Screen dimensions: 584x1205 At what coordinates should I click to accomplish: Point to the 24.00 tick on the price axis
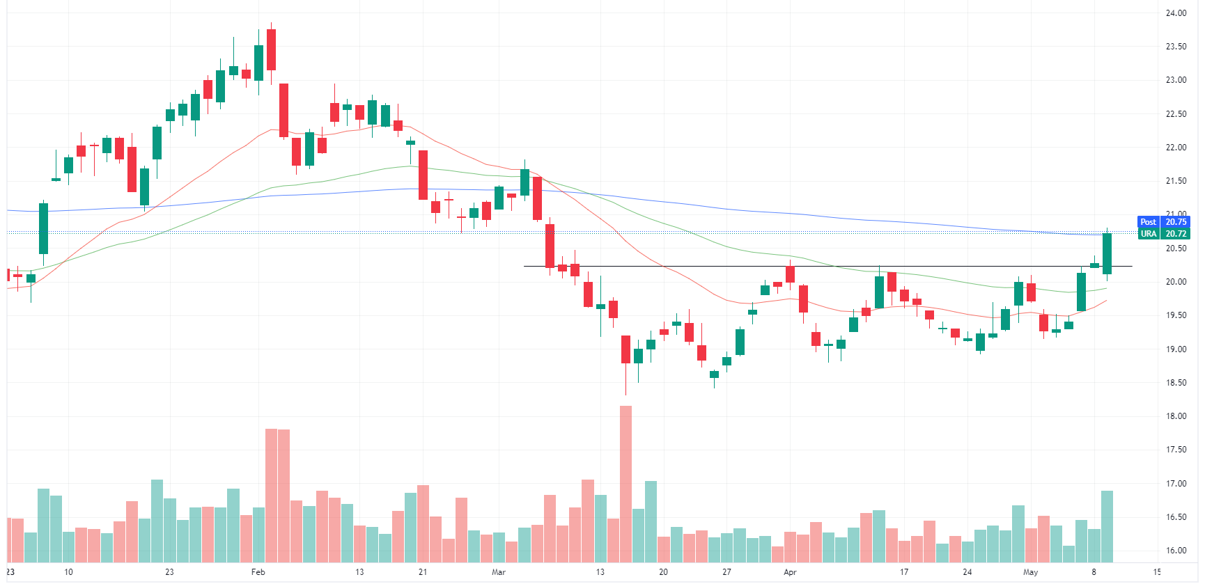click(1176, 13)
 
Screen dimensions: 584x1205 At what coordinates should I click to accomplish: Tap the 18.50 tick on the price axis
click(1176, 383)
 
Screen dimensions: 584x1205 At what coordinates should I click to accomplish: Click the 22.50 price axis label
click(1176, 114)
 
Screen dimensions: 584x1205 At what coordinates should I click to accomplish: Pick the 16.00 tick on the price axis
click(1176, 551)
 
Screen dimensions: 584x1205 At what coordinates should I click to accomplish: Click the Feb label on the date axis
click(258, 572)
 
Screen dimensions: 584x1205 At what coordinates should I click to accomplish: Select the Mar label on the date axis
click(498, 572)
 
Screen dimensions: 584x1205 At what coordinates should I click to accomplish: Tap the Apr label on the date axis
click(790, 572)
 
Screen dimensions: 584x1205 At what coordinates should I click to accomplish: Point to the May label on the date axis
click(1030, 572)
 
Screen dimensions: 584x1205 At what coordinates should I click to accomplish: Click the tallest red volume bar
click(625, 484)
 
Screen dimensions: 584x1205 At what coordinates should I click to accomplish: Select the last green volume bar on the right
click(1107, 526)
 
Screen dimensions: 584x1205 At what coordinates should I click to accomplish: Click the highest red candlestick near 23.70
click(271, 49)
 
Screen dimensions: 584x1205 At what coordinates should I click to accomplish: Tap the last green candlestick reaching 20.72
click(1107, 253)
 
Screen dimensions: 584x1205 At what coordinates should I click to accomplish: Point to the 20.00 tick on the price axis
click(1176, 282)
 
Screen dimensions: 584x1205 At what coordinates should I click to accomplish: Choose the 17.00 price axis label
click(1176, 484)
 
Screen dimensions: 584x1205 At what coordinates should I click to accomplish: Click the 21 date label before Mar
click(423, 572)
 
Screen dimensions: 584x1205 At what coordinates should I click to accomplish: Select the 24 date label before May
click(967, 572)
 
